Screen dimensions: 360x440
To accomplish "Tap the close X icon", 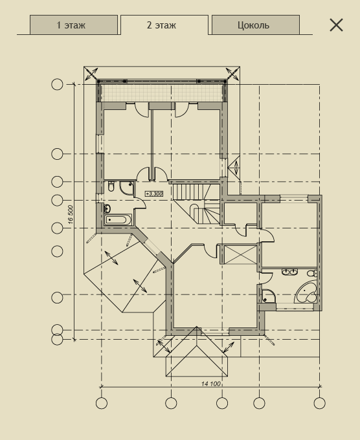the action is point(336,25).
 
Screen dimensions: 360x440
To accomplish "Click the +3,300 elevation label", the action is point(154,193).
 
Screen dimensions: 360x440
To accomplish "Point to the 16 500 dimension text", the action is point(71,215).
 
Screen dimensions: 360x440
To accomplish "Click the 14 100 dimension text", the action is point(211,384).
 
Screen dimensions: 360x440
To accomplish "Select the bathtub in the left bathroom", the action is point(118,220).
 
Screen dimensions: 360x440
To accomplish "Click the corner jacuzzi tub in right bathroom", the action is point(306,292).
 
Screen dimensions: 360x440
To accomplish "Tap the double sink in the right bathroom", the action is point(289,272).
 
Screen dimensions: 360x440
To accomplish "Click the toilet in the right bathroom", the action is point(312,273).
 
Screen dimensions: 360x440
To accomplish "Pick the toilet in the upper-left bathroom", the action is point(111,186).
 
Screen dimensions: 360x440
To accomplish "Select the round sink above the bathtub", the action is point(107,208).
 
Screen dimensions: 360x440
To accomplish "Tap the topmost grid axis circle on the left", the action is point(57,85).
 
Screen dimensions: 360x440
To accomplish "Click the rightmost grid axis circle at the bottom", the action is point(320,403).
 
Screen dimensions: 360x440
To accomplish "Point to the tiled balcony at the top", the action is point(162,93).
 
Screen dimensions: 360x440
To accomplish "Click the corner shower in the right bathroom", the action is point(269,296).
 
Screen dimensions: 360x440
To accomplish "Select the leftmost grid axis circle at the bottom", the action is point(102,403).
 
